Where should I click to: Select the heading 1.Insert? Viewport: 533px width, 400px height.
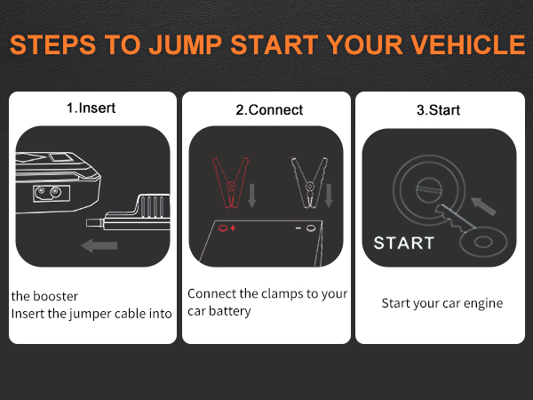click(91, 108)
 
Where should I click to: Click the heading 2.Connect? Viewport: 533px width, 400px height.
click(268, 110)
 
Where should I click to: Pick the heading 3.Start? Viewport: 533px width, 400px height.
click(438, 110)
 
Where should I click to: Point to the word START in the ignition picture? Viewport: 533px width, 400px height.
click(403, 243)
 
